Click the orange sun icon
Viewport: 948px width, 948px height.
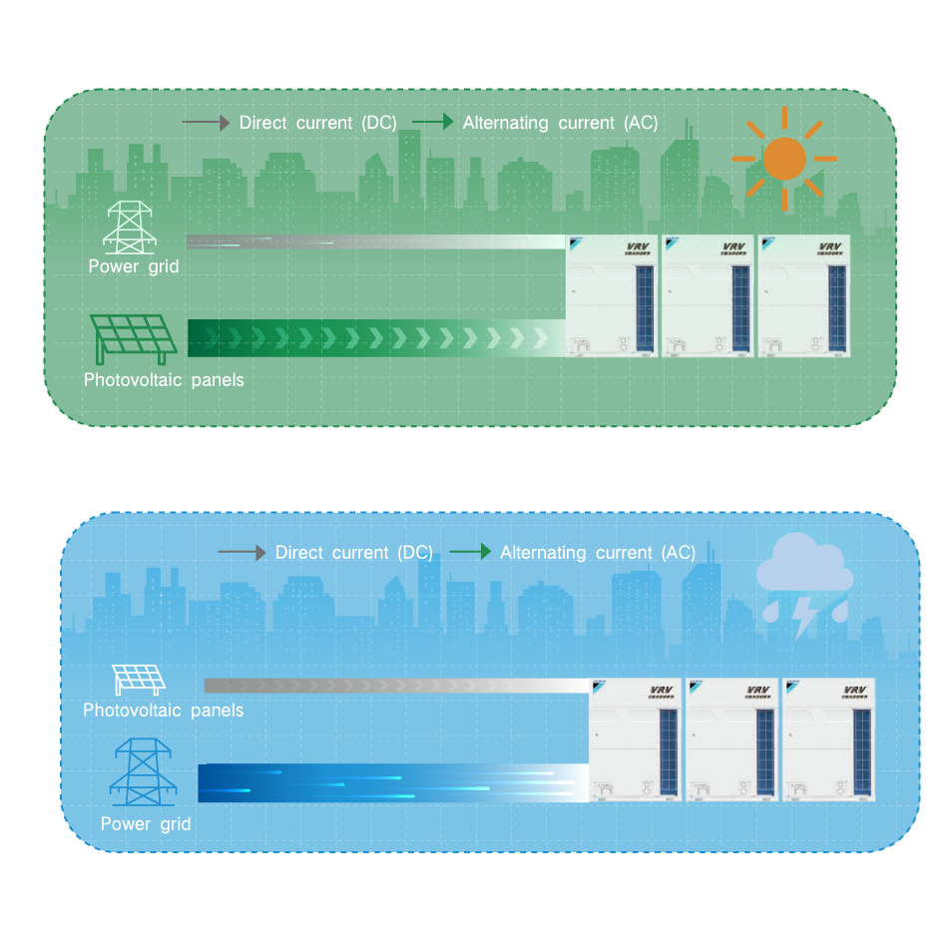coord(784,159)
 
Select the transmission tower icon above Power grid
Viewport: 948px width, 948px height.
coord(128,228)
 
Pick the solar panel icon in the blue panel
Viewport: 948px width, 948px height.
coord(139,680)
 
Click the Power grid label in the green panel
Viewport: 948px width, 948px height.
coord(134,266)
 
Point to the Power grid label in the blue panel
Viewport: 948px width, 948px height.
coord(146,824)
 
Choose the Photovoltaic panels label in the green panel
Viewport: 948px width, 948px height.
coord(164,380)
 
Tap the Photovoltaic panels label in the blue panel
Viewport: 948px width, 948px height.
coord(163,711)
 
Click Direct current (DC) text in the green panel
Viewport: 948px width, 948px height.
coord(318,123)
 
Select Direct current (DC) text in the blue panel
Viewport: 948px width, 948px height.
coord(354,553)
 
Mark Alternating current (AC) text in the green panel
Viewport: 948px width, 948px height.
coord(561,123)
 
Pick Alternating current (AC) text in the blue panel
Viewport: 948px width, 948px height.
coord(598,553)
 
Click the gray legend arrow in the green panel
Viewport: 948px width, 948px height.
coord(208,123)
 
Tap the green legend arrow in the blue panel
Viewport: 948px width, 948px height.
coord(470,552)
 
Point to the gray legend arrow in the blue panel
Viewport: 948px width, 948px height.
coord(242,553)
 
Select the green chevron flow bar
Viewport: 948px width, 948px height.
coord(375,337)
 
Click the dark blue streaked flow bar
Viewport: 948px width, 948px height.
coord(393,782)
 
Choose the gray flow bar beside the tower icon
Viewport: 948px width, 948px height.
coord(375,241)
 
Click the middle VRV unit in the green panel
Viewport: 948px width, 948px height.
coord(708,295)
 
